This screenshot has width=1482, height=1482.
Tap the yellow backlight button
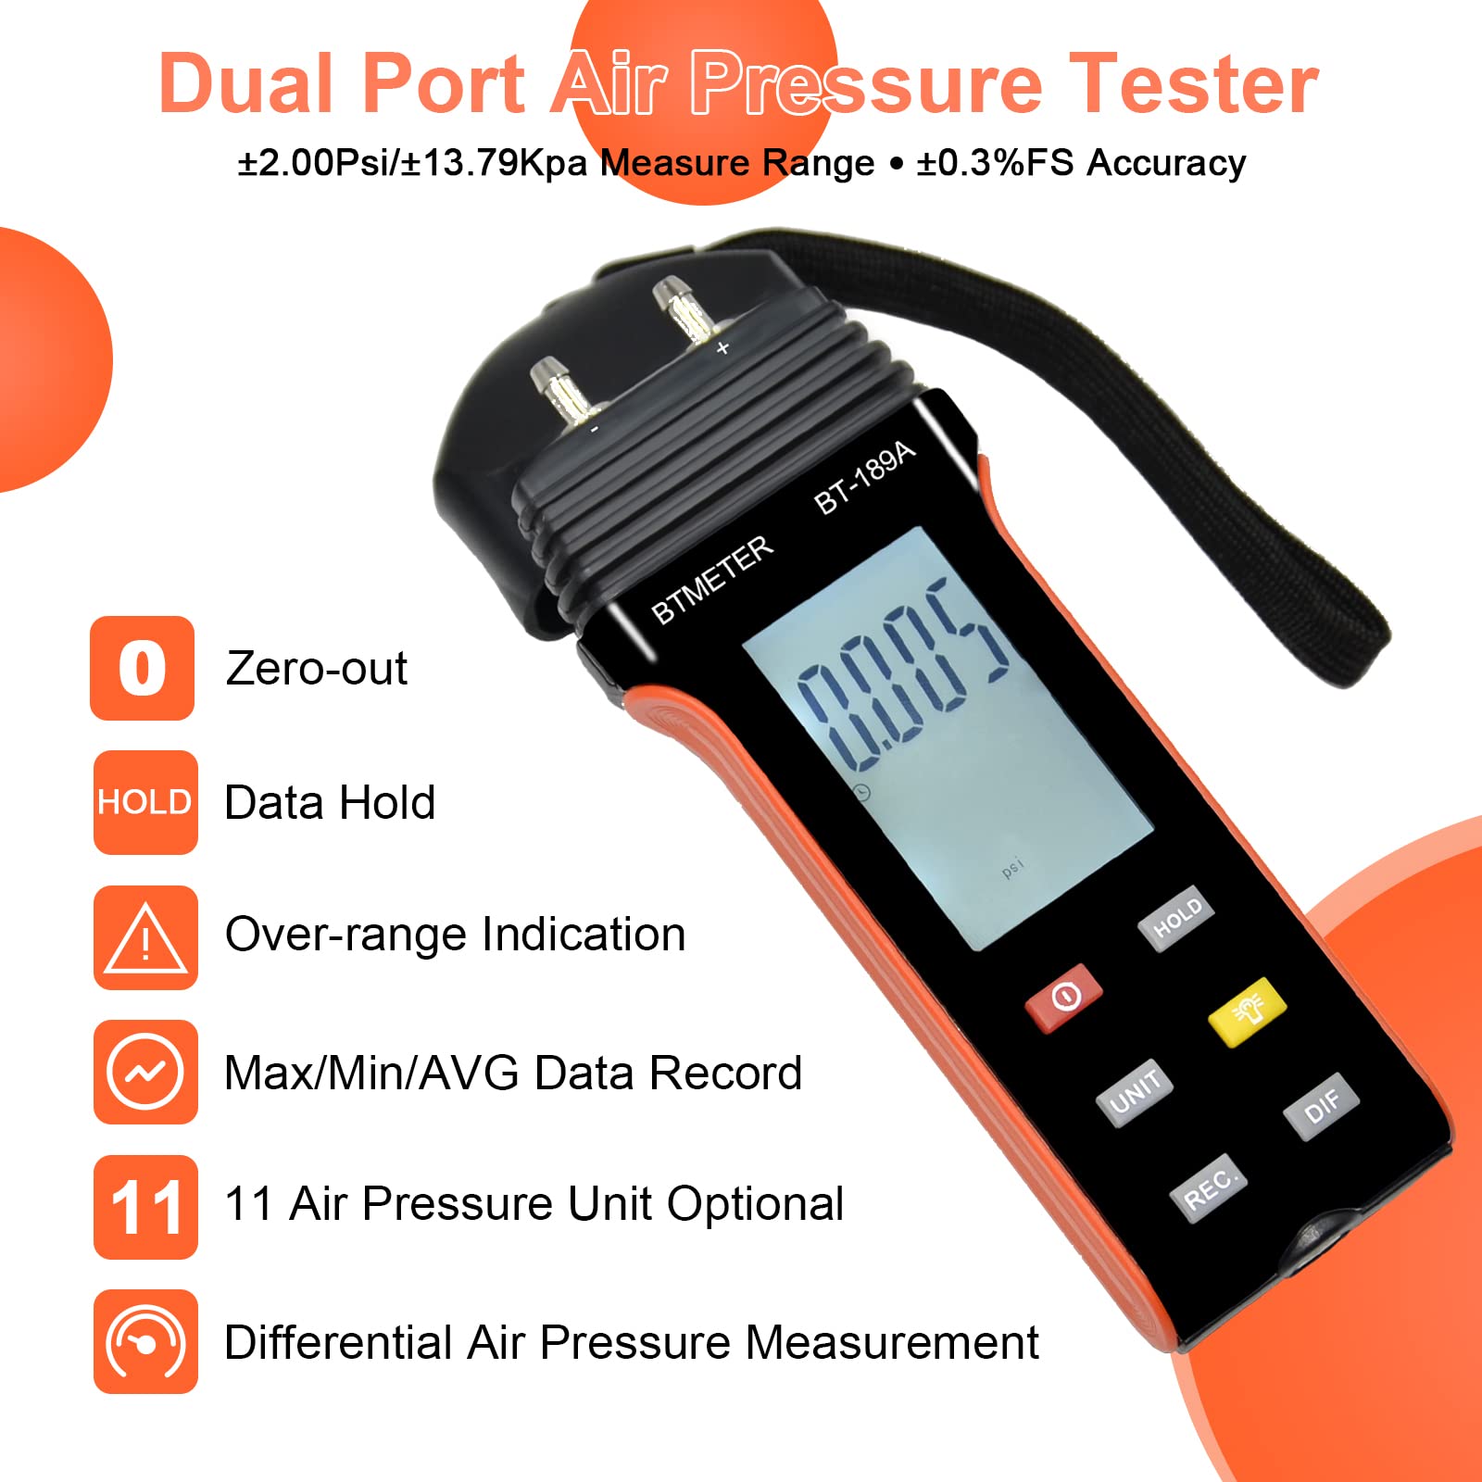1247,1011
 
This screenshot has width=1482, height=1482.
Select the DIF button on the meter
1321,1107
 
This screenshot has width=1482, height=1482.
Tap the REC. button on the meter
1208,1188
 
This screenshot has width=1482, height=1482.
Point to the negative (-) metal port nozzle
559,388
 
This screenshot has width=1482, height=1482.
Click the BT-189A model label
864,478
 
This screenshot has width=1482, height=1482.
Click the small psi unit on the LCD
1012,868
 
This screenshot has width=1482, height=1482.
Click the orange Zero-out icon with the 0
143,668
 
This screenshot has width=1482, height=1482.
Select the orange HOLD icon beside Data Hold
144,802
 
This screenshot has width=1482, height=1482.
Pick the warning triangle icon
144,937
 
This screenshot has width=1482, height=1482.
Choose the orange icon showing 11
145,1207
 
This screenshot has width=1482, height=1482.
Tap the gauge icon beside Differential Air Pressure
145,1341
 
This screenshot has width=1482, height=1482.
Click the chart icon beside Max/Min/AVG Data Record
145,1072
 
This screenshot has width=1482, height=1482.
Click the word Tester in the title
1194,84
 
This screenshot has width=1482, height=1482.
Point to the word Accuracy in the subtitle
1165,163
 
